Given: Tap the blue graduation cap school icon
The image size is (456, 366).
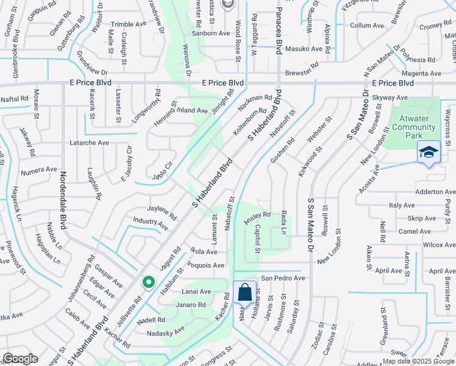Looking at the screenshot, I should [x=429, y=152].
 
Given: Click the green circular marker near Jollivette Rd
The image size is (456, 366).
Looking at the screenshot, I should [x=148, y=282].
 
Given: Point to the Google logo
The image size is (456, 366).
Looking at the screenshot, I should [x=20, y=359].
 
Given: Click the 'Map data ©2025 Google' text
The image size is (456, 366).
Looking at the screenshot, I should [x=419, y=361].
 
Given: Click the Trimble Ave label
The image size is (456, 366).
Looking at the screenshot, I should [x=129, y=24].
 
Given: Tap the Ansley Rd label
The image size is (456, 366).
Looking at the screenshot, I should [x=257, y=217].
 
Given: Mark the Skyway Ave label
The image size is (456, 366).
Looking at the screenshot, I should [x=390, y=98].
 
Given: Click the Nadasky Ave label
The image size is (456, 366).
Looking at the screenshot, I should [x=165, y=333].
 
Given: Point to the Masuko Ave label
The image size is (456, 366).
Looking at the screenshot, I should [x=304, y=49].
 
